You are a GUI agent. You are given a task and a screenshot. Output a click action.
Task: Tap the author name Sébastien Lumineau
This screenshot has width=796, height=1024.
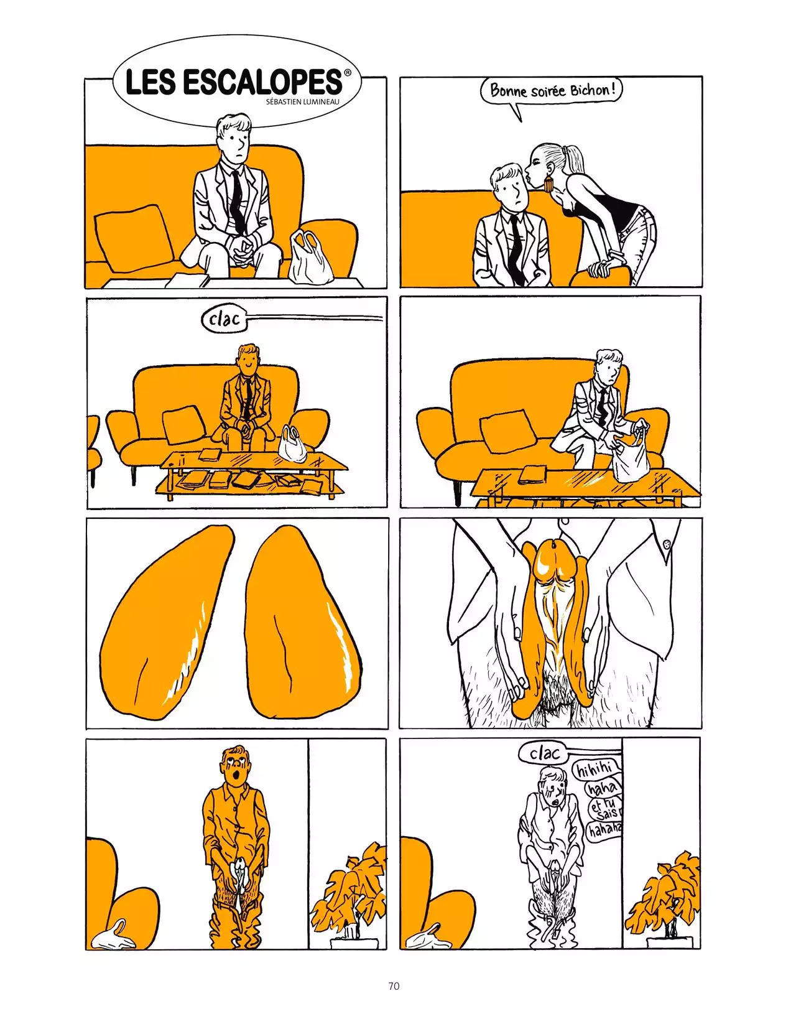click(x=302, y=101)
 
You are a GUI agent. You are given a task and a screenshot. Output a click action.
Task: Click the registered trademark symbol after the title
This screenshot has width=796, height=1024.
click(x=348, y=73)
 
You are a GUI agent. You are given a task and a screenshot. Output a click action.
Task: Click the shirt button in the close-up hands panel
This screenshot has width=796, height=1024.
click(x=667, y=544)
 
